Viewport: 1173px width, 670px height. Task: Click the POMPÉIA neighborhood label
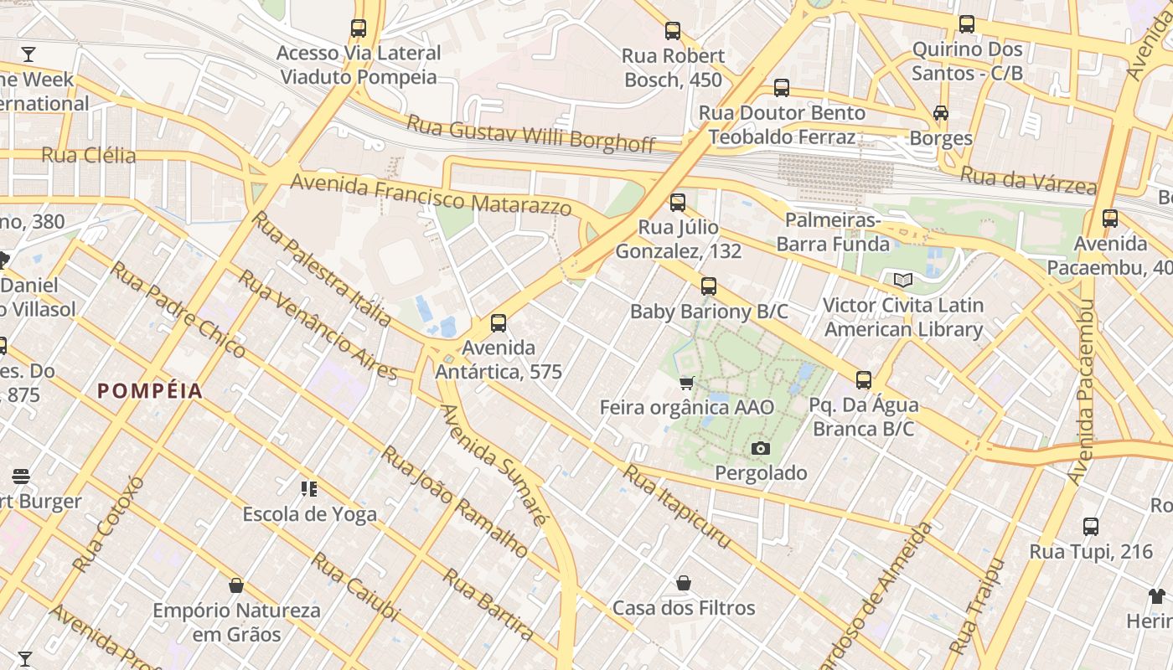click(150, 391)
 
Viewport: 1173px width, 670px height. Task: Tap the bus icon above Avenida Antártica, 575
click(499, 323)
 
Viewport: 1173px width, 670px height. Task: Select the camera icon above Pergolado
click(761, 449)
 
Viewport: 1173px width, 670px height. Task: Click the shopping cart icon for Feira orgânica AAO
click(687, 384)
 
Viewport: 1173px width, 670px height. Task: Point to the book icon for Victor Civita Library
click(902, 281)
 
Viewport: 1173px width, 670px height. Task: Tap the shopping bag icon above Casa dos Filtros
click(684, 583)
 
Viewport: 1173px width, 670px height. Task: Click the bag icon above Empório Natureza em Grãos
click(236, 585)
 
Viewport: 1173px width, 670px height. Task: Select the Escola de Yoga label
click(310, 513)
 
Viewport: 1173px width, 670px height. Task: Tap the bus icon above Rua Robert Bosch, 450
click(673, 32)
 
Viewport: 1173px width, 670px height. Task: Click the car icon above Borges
click(941, 113)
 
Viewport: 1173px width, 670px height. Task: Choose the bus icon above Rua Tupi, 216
click(1091, 527)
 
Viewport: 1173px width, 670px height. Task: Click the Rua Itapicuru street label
click(676, 508)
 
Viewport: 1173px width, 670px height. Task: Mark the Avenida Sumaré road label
click(493, 466)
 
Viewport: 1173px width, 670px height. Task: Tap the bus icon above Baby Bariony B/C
click(709, 287)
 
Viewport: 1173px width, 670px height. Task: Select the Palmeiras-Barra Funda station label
click(833, 232)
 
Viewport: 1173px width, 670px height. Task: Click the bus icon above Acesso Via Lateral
click(359, 28)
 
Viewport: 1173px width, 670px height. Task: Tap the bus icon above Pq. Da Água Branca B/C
click(864, 380)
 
